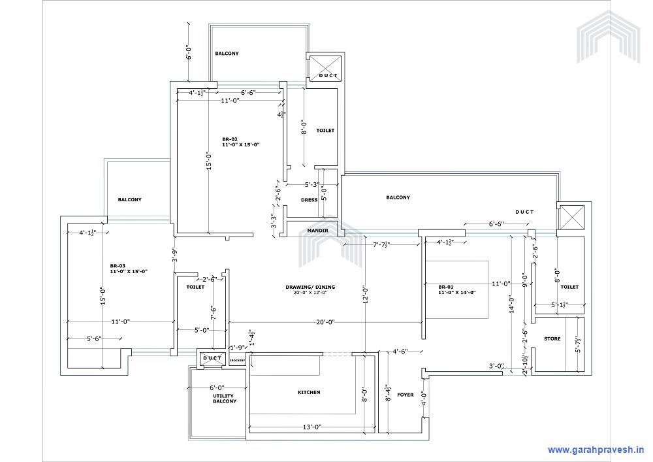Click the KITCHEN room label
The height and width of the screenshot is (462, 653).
pos(309,392)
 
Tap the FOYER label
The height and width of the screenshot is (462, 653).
pos(405,395)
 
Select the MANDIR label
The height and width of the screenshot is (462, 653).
pos(317,231)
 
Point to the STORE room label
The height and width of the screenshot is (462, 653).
pos(552,338)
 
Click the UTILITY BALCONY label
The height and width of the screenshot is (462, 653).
pos(224,398)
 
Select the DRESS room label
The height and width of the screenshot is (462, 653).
pos(309,200)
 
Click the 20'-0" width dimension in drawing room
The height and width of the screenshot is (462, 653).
pos(326,322)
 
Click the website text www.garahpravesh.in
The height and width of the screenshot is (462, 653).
pos(596,450)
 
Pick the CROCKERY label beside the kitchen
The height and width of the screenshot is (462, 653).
pos(237,360)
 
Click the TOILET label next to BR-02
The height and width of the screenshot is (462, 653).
pos(325,131)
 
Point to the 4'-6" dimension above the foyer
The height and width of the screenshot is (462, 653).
pos(400,352)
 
